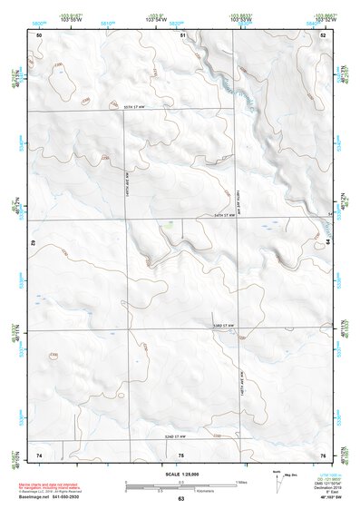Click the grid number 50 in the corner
[x=39, y=34]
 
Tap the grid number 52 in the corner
[x=324, y=34]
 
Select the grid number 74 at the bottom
[x=39, y=454]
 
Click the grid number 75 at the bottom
[x=181, y=454]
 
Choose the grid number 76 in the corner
[x=323, y=454]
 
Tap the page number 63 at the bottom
[x=180, y=498]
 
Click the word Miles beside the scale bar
[x=241, y=481]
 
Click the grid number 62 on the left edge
[x=34, y=243]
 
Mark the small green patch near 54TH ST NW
[x=162, y=222]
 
